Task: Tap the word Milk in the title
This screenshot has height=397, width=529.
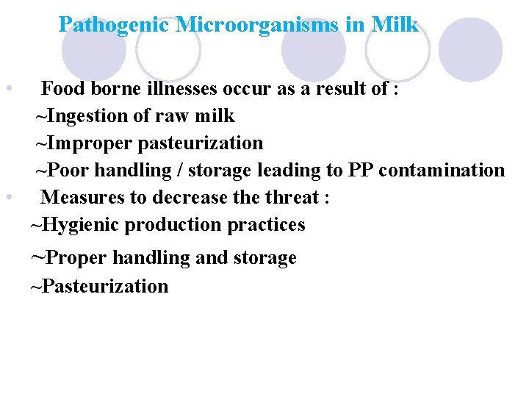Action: click(x=395, y=25)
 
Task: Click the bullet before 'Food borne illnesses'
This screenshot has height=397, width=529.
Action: click(x=7, y=90)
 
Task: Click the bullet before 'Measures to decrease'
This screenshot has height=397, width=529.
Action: click(x=7, y=198)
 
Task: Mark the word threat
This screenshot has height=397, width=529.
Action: click(x=292, y=198)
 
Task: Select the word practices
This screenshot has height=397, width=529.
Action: click(x=267, y=225)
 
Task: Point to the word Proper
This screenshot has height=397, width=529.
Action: click(x=74, y=258)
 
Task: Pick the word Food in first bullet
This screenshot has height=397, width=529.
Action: click(x=61, y=90)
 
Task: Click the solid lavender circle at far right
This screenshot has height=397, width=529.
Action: click(x=470, y=49)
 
